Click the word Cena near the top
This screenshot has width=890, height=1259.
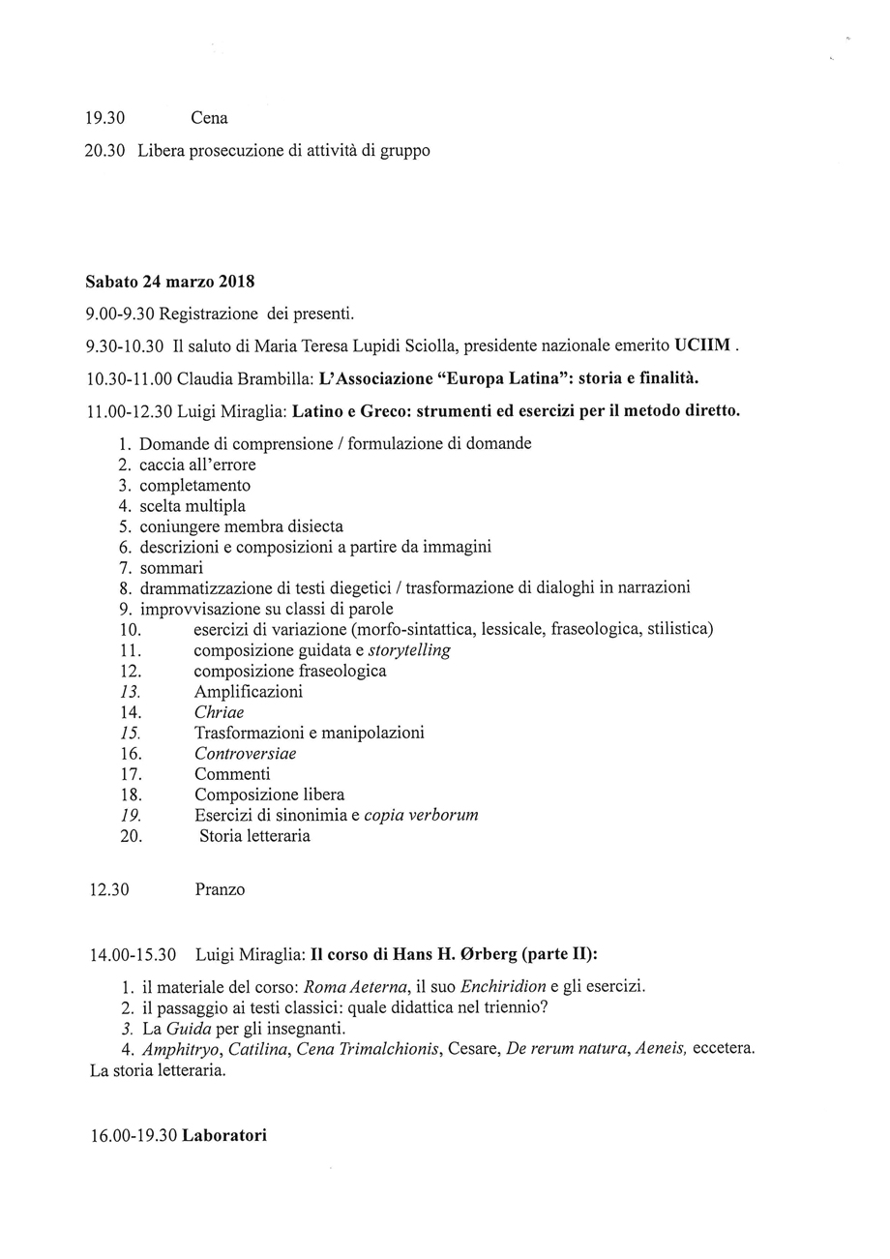209,118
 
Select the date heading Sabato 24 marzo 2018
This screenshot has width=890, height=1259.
169,283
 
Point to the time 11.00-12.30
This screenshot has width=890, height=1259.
129,411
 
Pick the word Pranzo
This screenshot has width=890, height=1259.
220,889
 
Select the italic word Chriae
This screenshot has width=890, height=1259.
219,712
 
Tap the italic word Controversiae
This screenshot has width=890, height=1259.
245,754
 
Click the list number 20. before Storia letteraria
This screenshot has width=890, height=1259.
132,836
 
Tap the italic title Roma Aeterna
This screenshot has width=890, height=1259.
354,987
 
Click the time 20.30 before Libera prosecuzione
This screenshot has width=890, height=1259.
105,151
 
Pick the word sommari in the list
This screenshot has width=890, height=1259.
170,568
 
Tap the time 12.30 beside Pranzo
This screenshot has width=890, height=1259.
109,889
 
